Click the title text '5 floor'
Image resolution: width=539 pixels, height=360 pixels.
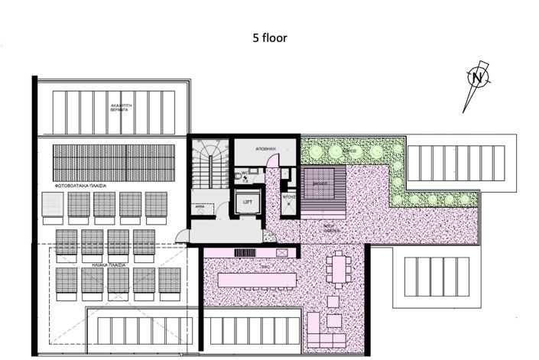click(x=270, y=37)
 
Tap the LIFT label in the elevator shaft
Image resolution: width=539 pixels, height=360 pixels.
click(x=247, y=202)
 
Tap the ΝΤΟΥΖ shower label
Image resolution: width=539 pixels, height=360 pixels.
click(x=288, y=197)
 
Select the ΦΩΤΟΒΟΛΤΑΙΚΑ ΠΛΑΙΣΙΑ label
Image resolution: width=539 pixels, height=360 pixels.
click(x=80, y=186)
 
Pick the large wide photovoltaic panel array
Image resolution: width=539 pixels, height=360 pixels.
click(x=113, y=162)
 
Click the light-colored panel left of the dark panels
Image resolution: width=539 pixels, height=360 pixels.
click(x=52, y=204)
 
